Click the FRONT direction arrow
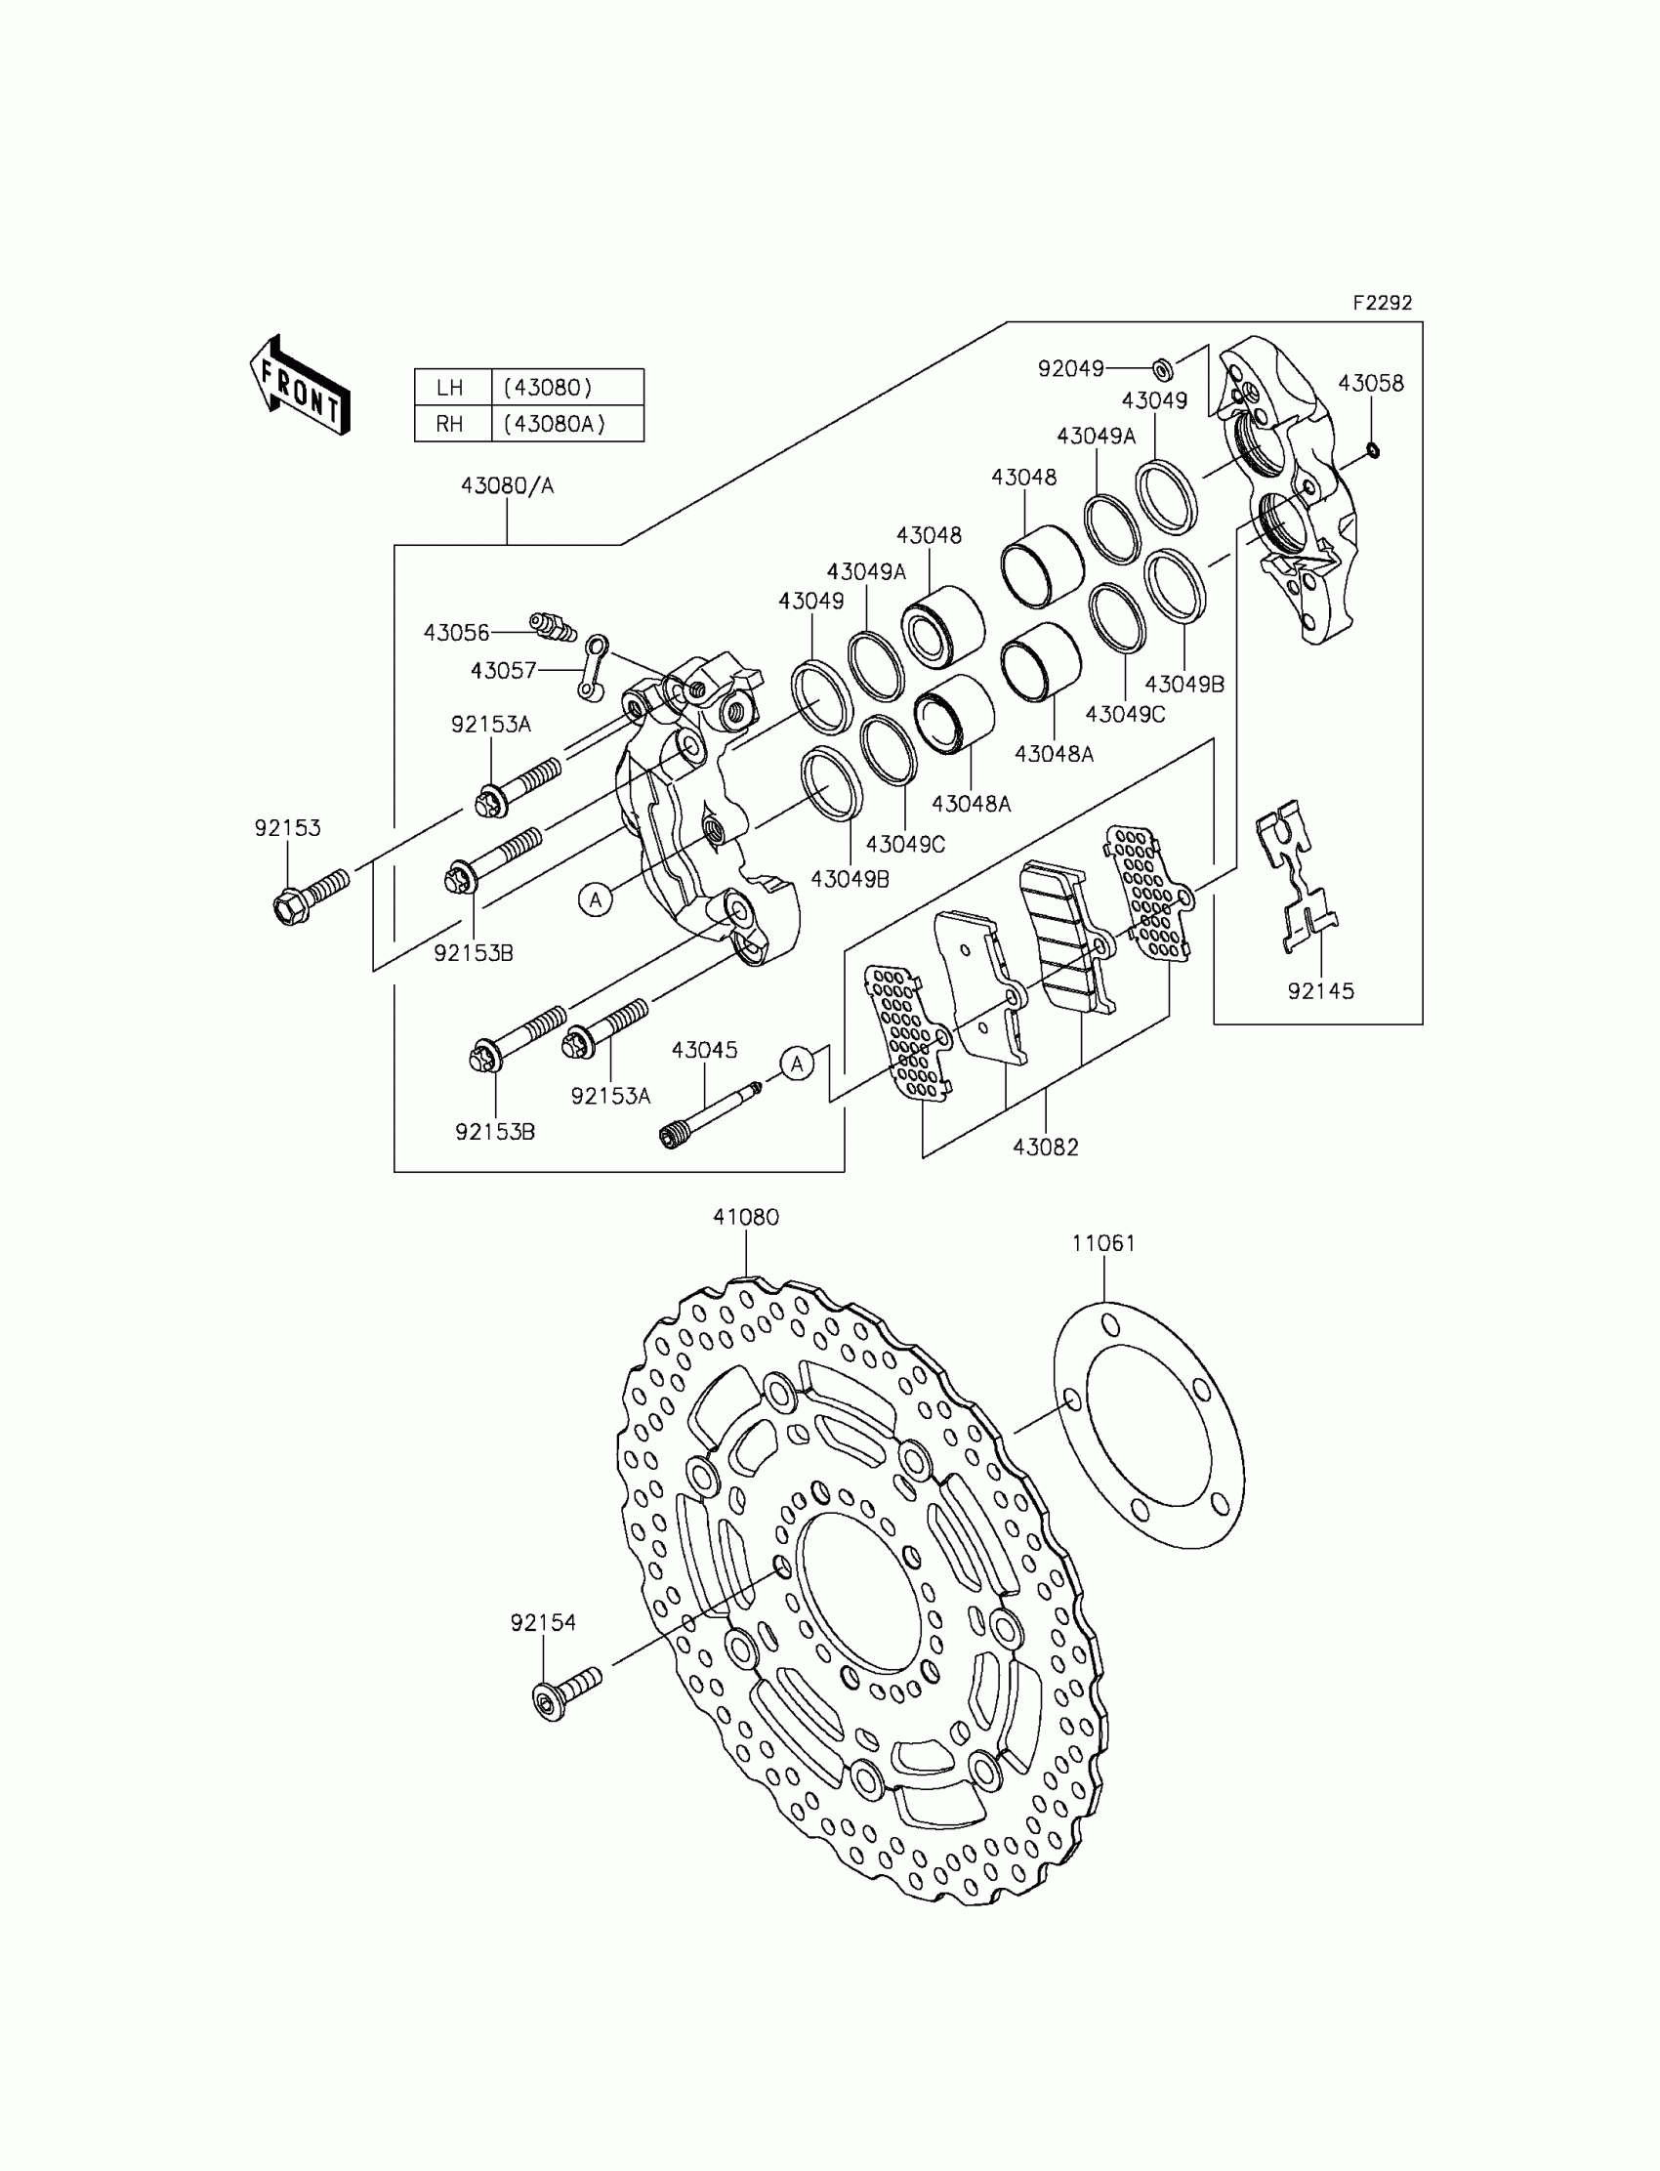click(300, 386)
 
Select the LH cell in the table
click(450, 388)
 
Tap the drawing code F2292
click(1383, 304)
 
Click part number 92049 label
click(1070, 368)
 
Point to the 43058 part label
click(1371, 383)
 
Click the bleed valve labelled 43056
click(553, 627)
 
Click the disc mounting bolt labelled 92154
click(566, 1692)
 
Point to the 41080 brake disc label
click(746, 1218)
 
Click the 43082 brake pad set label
click(1046, 1148)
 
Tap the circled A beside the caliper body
click(596, 899)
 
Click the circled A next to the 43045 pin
click(798, 1064)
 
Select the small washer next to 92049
click(1163, 370)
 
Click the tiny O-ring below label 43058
click(1373, 450)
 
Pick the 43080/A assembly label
click(507, 485)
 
